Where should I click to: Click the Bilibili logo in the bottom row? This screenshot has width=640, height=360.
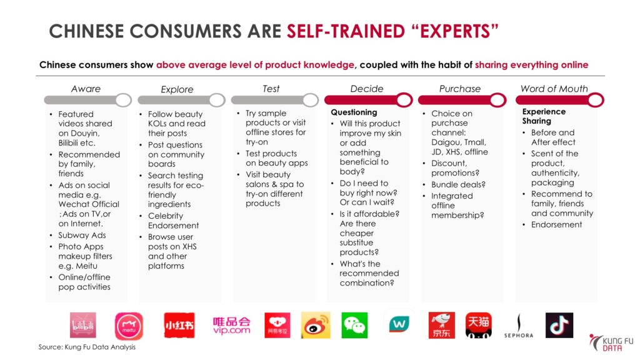pyautogui.click(x=83, y=325)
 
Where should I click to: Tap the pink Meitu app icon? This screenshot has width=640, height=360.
pyautogui.click(x=129, y=326)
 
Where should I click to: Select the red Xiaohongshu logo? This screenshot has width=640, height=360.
pyautogui.click(x=179, y=325)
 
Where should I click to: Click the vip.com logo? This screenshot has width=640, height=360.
pyautogui.click(x=231, y=326)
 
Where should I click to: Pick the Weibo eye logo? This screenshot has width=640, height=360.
pyautogui.click(x=316, y=325)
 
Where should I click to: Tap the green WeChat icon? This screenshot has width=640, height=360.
pyautogui.click(x=354, y=325)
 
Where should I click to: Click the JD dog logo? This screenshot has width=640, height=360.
pyautogui.click(x=442, y=325)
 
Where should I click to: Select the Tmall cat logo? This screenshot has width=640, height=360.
pyautogui.click(x=478, y=325)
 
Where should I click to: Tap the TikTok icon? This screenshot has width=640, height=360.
pyautogui.click(x=559, y=325)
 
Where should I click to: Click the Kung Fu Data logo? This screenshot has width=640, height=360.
pyautogui.click(x=611, y=343)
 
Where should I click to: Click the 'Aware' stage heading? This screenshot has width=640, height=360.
pyautogui.click(x=86, y=89)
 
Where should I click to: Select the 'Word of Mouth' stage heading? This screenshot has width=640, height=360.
pyautogui.click(x=554, y=89)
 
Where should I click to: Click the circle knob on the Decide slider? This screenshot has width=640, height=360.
pyautogui.click(x=404, y=100)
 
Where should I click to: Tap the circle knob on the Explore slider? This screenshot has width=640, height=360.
pyautogui.click(x=217, y=100)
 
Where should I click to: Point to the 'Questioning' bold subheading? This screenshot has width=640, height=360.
pyautogui.click(x=354, y=112)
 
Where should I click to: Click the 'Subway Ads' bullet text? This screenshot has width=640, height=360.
pyautogui.click(x=82, y=235)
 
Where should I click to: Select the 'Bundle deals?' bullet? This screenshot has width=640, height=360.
pyautogui.click(x=458, y=184)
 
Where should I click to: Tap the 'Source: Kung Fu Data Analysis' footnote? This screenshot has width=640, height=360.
pyautogui.click(x=87, y=347)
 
